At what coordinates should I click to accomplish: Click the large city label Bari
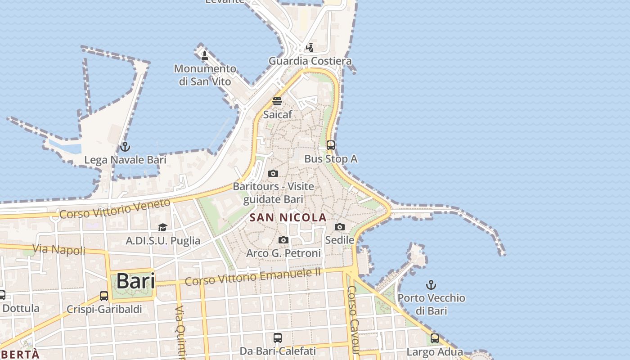coord(135,281)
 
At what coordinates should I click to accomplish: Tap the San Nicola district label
coord(288,218)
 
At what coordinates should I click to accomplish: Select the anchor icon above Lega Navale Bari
coord(125,147)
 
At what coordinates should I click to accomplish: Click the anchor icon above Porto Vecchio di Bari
coord(431,285)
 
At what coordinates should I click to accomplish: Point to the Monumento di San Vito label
coord(205,75)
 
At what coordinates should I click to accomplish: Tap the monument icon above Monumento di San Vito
coord(205,56)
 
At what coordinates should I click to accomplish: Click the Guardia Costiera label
coord(310,61)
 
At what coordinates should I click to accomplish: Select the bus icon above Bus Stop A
coord(331,145)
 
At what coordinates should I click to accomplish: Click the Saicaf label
coord(277,114)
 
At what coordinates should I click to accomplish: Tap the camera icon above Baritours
coord(273,174)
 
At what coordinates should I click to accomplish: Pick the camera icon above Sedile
coord(340,227)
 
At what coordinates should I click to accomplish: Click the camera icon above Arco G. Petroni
coord(283,240)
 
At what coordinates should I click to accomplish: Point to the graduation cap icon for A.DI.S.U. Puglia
coord(162,228)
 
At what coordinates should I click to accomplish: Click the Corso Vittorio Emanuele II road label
coord(253,276)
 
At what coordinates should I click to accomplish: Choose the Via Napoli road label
coord(58,249)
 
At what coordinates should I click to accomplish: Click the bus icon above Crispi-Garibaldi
coord(104,296)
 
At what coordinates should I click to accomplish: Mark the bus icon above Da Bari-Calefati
coord(278,337)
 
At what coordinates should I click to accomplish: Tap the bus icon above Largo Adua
coord(434,338)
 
